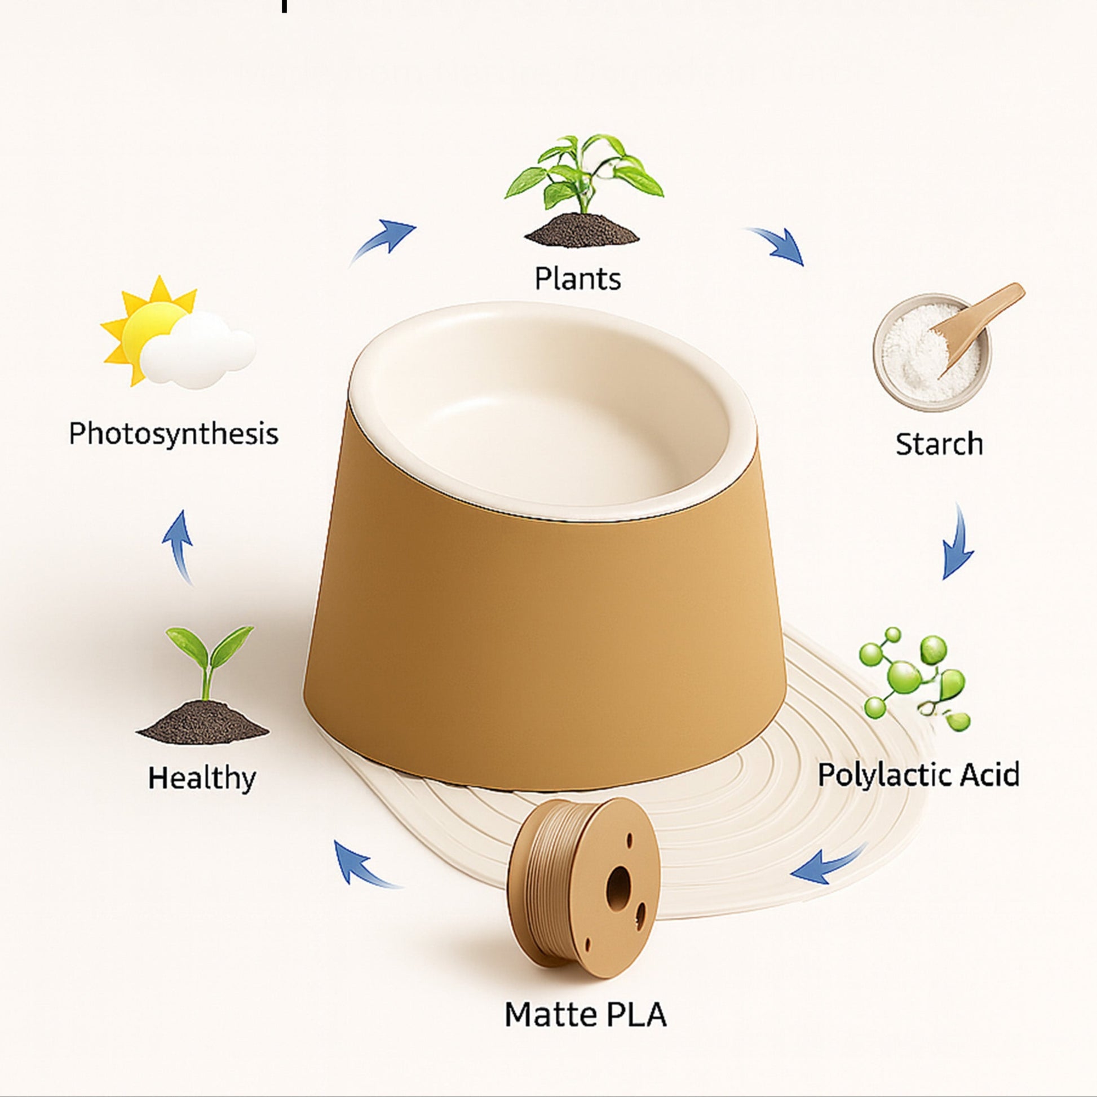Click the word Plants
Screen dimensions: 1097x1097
coord(577,278)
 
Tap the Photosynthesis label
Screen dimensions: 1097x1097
coord(174,434)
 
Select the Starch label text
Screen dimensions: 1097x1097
coord(939,444)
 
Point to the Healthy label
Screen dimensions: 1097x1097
coord(202,777)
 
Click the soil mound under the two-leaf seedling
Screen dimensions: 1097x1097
coord(202,723)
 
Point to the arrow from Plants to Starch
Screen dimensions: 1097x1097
coord(776,245)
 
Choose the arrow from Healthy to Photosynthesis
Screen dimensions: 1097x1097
coord(178,547)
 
